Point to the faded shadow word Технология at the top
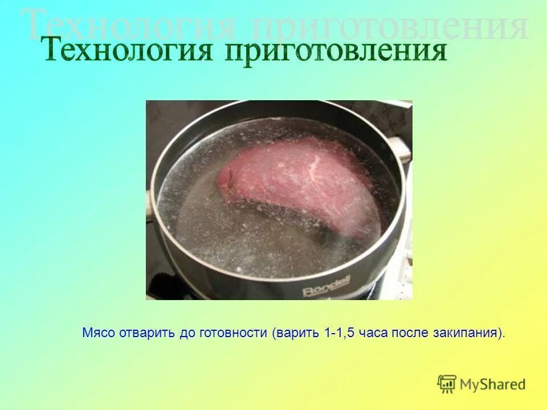point(128,26)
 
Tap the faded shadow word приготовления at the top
point(387,26)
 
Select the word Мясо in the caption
point(99,333)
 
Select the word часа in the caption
point(374,333)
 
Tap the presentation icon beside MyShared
point(447,384)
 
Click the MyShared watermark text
point(492,384)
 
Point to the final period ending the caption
point(504,336)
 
